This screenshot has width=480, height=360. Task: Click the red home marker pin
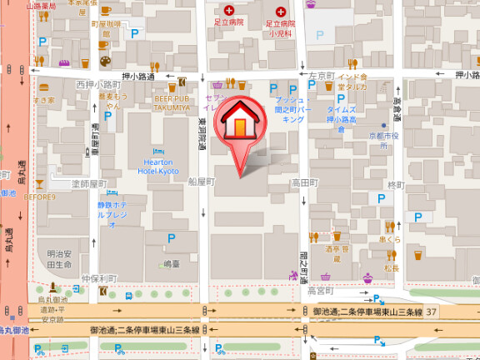point(239,125)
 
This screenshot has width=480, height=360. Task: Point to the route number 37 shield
point(431,311)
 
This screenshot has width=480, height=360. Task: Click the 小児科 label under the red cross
point(279,34)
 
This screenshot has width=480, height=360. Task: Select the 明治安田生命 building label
point(60,259)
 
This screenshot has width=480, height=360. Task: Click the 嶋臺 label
point(171,263)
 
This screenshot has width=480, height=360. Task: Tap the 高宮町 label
point(320,292)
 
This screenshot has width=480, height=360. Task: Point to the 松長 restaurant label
point(391,267)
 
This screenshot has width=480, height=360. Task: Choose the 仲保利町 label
point(98,277)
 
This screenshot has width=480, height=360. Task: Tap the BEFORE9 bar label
point(39,197)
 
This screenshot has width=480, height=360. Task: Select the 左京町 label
point(320,76)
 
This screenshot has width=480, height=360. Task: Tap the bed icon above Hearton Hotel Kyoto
point(158,150)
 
